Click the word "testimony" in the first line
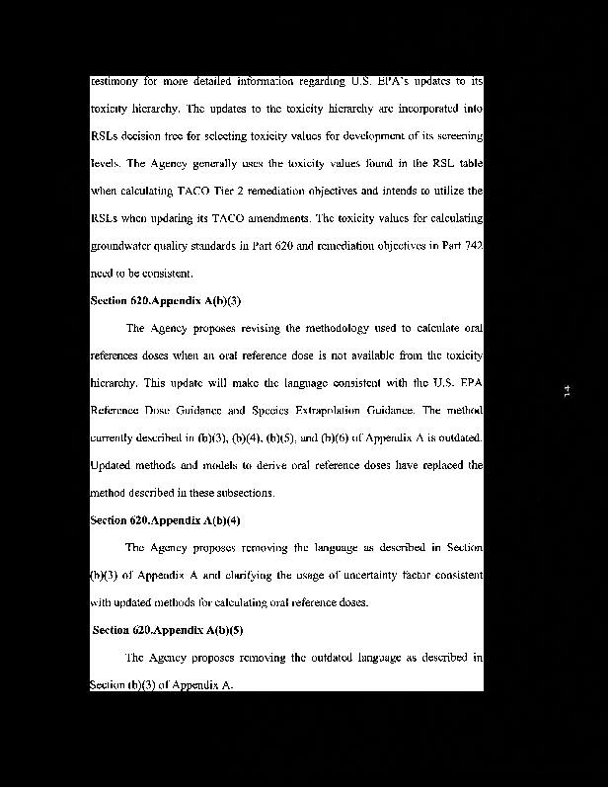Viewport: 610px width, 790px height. tap(112, 81)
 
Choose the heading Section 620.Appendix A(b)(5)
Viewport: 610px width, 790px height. tap(168, 630)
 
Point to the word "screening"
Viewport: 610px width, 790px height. tap(457, 135)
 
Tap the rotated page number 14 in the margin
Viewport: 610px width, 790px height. tap(567, 392)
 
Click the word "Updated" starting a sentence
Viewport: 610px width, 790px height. tap(111, 465)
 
